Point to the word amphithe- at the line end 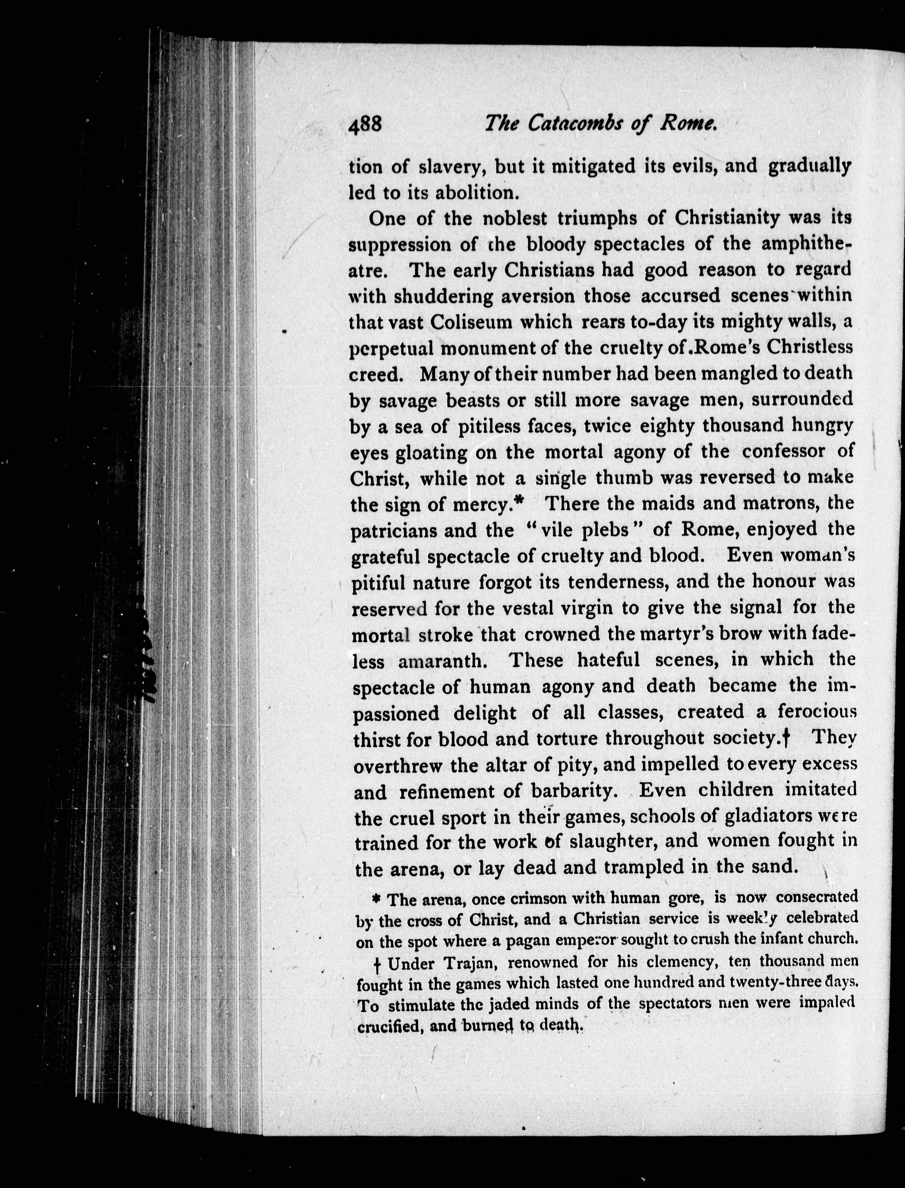[x=806, y=245]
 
